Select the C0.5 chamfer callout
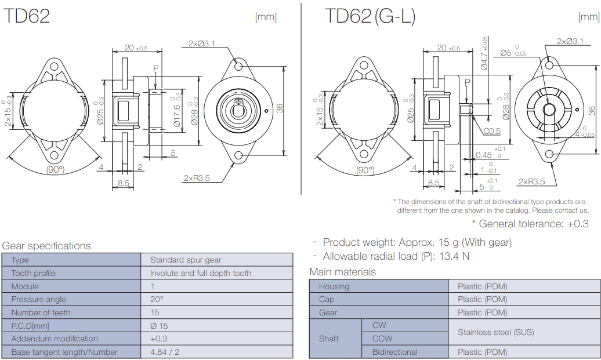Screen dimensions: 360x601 coord(492,131)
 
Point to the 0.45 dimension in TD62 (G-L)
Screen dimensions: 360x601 coord(483,155)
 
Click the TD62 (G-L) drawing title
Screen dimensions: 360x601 coord(370,16)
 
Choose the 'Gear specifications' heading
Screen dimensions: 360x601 coord(46,246)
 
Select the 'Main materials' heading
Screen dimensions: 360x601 coord(342,272)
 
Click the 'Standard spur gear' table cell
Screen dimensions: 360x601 coord(186,260)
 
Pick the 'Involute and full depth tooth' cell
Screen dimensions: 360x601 coord(200,273)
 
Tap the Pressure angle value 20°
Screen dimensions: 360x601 coord(157,299)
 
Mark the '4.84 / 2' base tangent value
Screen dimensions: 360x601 coord(166,352)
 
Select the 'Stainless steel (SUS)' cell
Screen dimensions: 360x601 coord(495,332)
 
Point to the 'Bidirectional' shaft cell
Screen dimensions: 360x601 coord(394,352)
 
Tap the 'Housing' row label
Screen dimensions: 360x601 coord(334,286)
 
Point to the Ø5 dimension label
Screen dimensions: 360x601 coord(505,53)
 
